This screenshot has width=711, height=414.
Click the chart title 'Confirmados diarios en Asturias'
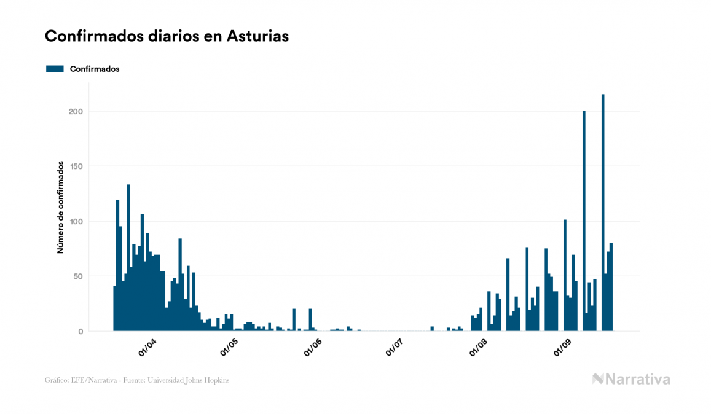click(x=167, y=36)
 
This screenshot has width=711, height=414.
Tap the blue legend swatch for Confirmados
click(x=55, y=69)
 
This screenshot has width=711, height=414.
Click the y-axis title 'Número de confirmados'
click(x=61, y=207)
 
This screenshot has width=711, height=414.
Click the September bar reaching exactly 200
click(x=584, y=221)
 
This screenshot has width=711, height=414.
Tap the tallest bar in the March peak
click(x=128, y=258)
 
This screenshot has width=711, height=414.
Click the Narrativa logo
click(x=631, y=379)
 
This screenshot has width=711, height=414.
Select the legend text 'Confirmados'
click(x=95, y=69)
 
